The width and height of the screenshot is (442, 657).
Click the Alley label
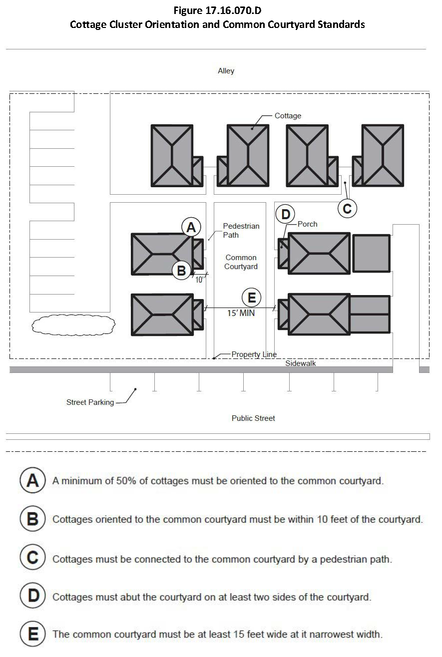pyautogui.click(x=226, y=71)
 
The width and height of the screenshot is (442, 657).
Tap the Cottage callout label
pyautogui.click(x=288, y=116)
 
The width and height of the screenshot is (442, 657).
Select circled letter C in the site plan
pyautogui.click(x=347, y=209)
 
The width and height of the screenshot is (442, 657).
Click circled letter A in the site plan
pyautogui.click(x=190, y=227)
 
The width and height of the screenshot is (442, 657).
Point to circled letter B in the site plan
pyautogui.click(x=182, y=271)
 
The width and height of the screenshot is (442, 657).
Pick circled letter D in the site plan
pyautogui.click(x=285, y=215)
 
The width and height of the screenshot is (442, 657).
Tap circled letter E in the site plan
pyautogui.click(x=251, y=298)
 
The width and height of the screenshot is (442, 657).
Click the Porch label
pyautogui.click(x=307, y=224)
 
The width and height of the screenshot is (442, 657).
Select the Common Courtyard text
pyautogui.click(x=241, y=262)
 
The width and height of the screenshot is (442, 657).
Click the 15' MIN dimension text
pyautogui.click(x=241, y=314)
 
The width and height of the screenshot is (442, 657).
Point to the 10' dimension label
pyautogui.click(x=200, y=280)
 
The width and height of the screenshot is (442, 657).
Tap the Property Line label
pyautogui.click(x=254, y=354)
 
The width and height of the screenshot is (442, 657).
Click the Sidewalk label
pyautogui.click(x=301, y=363)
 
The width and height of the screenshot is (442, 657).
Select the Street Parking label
pyautogui.click(x=90, y=402)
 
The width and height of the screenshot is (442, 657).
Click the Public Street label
pyautogui.click(x=253, y=418)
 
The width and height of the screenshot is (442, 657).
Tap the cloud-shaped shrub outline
pyautogui.click(x=73, y=325)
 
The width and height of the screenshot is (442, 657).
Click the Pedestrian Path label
pyautogui.click(x=241, y=231)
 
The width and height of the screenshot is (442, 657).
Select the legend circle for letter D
pyautogui.click(x=32, y=596)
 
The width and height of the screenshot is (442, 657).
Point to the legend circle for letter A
pyautogui.click(x=32, y=481)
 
